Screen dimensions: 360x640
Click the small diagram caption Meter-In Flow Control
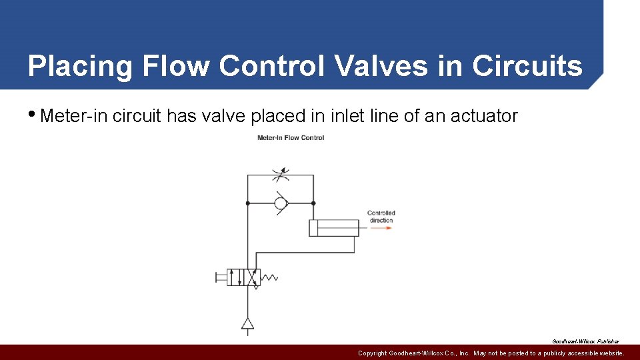click(291, 138)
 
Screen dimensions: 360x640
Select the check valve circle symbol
click(281, 203)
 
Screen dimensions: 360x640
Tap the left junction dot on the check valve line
click(248, 203)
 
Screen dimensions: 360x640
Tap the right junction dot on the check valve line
click(313, 203)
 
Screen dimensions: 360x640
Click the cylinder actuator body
click(333, 228)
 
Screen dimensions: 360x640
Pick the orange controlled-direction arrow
click(381, 229)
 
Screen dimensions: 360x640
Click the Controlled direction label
click(381, 217)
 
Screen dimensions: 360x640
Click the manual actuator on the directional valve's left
click(221, 277)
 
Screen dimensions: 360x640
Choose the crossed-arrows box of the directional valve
click(252, 277)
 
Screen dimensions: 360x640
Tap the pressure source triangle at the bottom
click(248, 324)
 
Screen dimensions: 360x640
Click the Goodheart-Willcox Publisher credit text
click(585, 341)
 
